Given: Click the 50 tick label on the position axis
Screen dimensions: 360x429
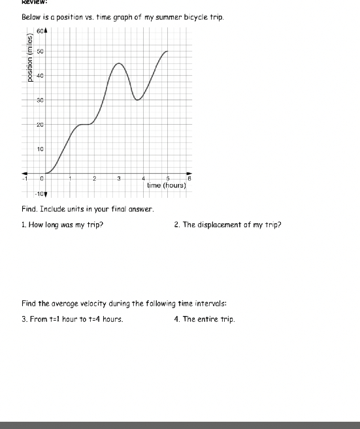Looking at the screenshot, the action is pyautogui.click(x=40, y=51).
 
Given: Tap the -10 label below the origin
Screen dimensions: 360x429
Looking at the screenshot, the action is pyautogui.click(x=40, y=194).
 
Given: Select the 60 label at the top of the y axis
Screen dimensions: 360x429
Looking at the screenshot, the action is pyautogui.click(x=40, y=31).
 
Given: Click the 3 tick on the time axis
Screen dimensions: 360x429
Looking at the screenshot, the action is pyautogui.click(x=119, y=178).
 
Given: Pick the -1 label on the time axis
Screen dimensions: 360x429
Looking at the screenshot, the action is pyautogui.click(x=24, y=178).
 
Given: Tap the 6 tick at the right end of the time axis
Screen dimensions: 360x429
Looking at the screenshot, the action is pyautogui.click(x=189, y=178).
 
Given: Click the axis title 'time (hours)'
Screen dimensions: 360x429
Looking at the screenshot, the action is pyautogui.click(x=167, y=185).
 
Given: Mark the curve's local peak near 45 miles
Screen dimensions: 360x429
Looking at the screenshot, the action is pyautogui.click(x=119, y=63).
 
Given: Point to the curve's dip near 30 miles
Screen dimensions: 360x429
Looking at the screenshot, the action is pyautogui.click(x=137, y=100).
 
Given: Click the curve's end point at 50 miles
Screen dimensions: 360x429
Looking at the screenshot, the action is pyautogui.click(x=167, y=51).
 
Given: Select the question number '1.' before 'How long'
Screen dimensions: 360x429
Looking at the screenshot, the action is pyautogui.click(x=24, y=225).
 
